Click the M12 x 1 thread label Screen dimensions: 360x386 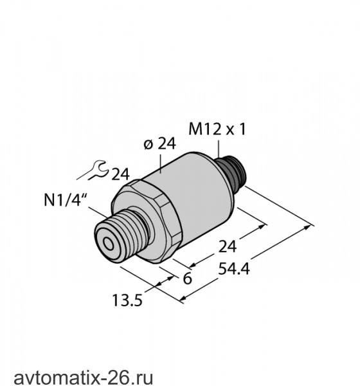click(x=217, y=129)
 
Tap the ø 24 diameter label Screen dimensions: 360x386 click(x=159, y=143)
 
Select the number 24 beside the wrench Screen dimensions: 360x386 click(x=121, y=174)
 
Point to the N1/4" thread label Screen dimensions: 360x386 click(x=66, y=200)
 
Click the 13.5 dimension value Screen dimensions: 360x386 click(x=127, y=300)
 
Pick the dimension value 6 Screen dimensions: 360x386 click(x=188, y=279)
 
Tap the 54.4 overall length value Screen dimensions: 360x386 click(x=234, y=268)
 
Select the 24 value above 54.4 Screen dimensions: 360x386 click(x=228, y=246)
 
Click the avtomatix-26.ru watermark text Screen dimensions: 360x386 click(x=84, y=377)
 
